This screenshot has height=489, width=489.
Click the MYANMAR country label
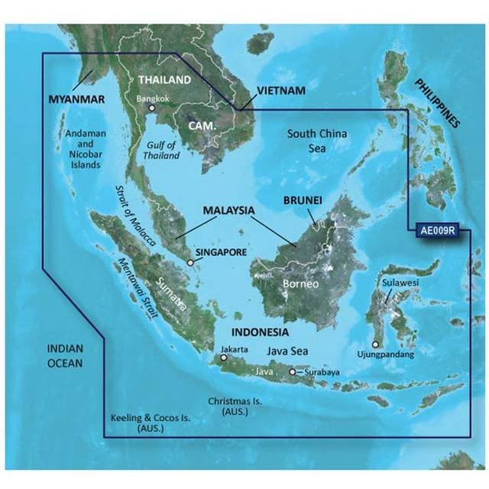(x=76, y=99)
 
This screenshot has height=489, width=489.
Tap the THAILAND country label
(x=164, y=79)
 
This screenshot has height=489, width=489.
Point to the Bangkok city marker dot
(x=153, y=108)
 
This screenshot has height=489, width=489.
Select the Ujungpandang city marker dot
(x=375, y=345)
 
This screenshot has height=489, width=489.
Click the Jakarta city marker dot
(x=223, y=357)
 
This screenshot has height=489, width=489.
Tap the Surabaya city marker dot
(x=292, y=372)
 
